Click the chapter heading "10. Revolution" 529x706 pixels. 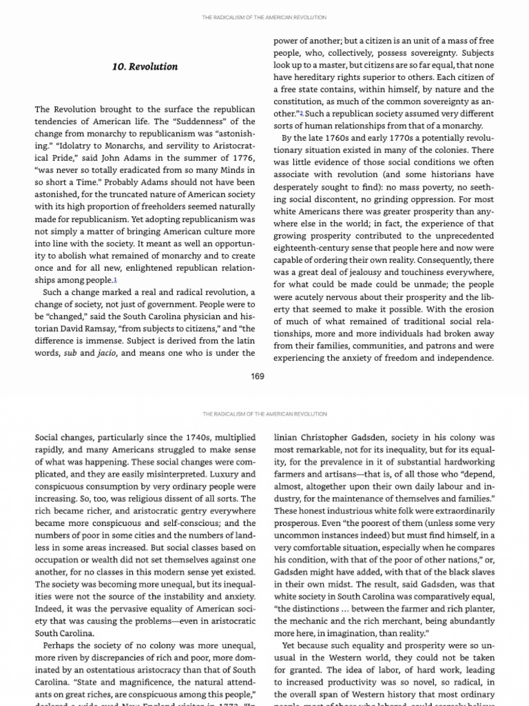tap(145, 67)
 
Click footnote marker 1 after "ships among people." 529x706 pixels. tap(116, 279)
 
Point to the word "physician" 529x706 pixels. tap(200, 316)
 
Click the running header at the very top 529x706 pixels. tap(264, 17)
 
